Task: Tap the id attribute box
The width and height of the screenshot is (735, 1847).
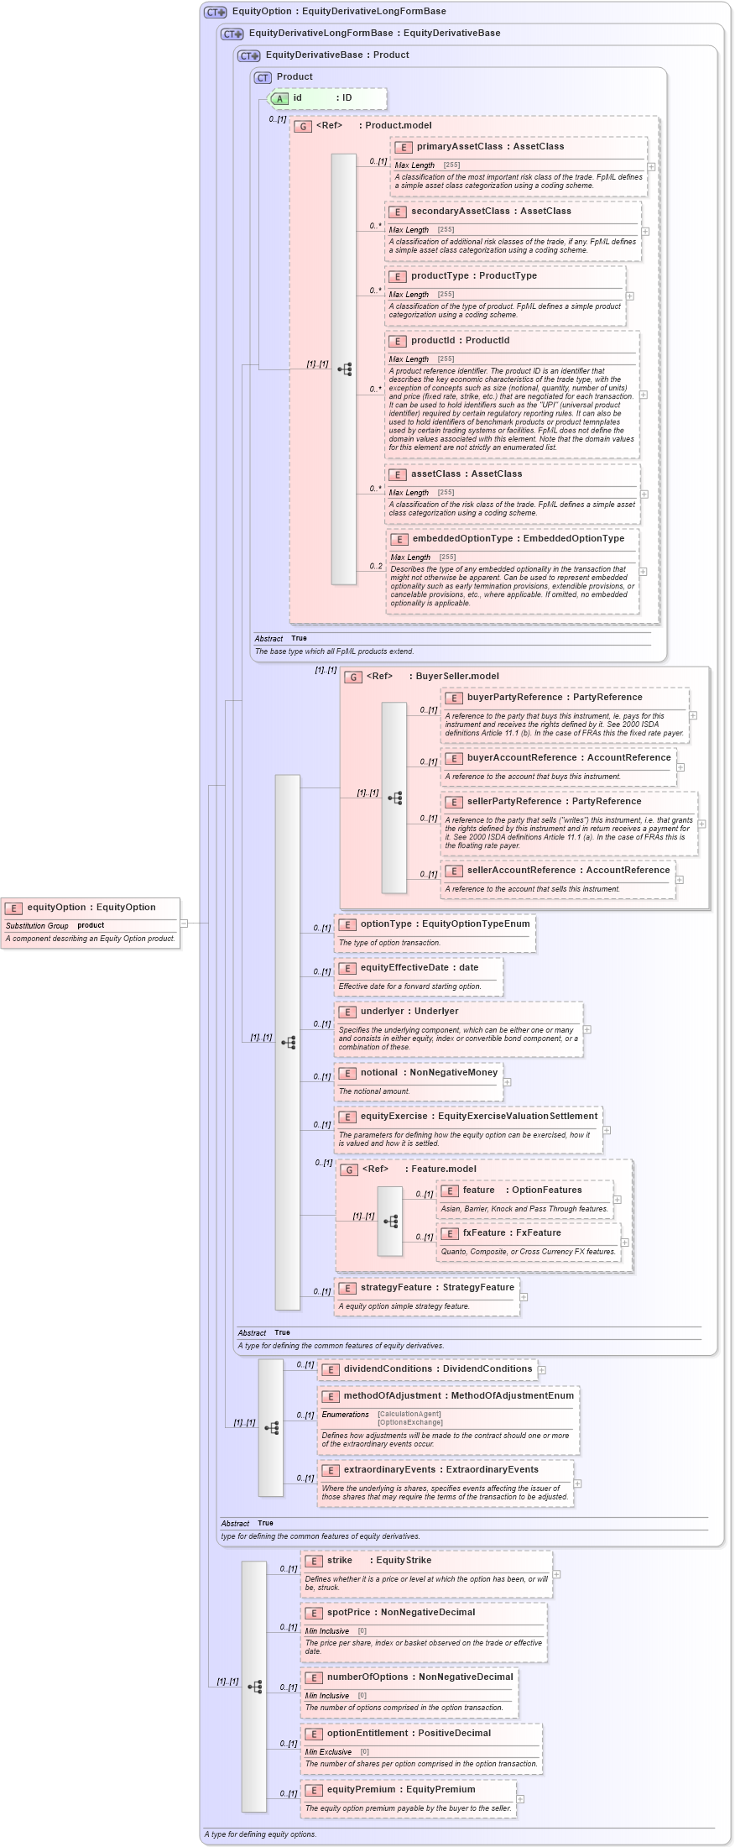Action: (327, 98)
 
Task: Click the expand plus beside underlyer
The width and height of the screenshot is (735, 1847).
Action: (587, 1029)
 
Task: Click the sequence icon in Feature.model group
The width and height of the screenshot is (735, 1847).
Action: (391, 1222)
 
